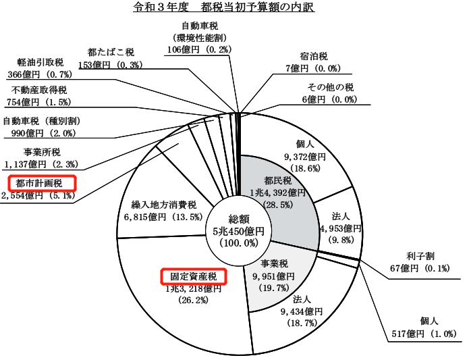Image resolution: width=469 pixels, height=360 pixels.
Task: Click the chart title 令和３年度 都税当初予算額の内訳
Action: (x=224, y=7)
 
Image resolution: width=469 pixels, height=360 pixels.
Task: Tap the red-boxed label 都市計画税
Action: (x=42, y=183)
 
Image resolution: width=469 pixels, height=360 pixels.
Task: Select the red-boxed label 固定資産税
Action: (x=194, y=276)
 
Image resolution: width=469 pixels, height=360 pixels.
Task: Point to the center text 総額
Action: (x=239, y=219)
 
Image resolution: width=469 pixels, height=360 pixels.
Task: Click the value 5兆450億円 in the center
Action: (x=239, y=231)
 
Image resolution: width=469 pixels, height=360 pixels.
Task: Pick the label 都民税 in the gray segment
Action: (x=277, y=181)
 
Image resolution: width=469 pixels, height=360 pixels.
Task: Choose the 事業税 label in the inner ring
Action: (x=274, y=263)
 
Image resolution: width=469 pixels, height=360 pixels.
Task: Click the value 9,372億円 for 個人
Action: (x=305, y=156)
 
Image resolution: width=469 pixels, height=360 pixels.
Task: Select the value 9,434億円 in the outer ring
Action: (x=302, y=311)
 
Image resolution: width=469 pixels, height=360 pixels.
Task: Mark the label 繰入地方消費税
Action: (x=164, y=205)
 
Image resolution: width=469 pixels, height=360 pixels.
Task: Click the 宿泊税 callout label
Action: (x=314, y=57)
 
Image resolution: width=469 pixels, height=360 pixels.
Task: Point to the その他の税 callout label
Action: (x=331, y=87)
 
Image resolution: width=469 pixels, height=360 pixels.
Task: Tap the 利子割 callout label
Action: (x=420, y=257)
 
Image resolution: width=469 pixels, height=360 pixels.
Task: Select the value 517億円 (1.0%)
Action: (x=424, y=334)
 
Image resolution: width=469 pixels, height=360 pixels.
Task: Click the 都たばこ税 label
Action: (x=111, y=53)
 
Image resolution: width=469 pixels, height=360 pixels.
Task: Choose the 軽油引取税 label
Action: (x=40, y=63)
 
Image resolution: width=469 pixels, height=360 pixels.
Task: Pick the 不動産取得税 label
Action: (x=39, y=90)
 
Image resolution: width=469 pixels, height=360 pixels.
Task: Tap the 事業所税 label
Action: (x=42, y=153)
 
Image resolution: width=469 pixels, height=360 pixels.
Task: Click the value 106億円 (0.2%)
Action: (x=199, y=49)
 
